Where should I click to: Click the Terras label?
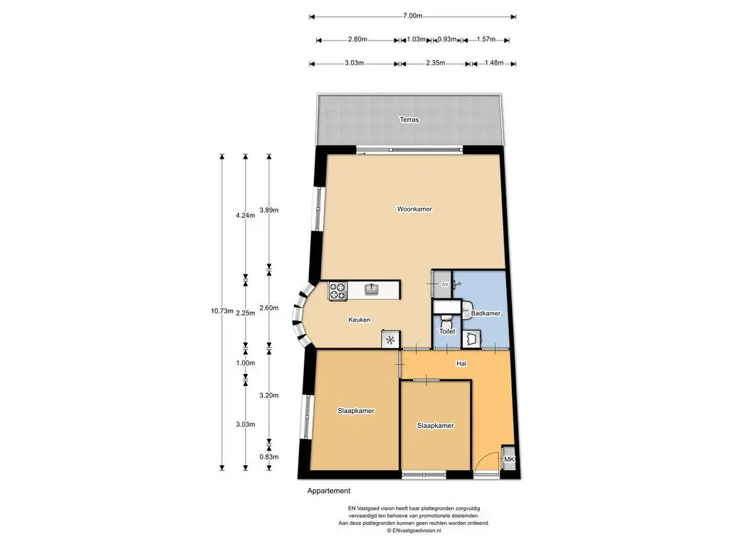(409, 120)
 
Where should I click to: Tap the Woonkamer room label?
(414, 209)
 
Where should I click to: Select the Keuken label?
(360, 320)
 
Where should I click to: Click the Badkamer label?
(486, 313)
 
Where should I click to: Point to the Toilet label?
(447, 331)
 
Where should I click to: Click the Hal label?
(461, 363)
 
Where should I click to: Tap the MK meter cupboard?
(508, 459)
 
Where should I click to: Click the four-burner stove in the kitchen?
(338, 291)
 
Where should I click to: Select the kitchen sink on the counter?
(372, 289)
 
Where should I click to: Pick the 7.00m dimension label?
(412, 16)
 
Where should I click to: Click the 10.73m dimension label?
(222, 311)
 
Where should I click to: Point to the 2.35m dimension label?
(435, 63)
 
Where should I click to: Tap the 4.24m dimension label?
(246, 215)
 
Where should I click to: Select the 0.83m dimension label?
(268, 457)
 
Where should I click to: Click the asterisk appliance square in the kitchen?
(391, 340)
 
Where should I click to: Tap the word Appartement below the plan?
(329, 491)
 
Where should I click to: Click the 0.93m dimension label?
(447, 39)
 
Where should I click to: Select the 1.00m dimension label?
(246, 363)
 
